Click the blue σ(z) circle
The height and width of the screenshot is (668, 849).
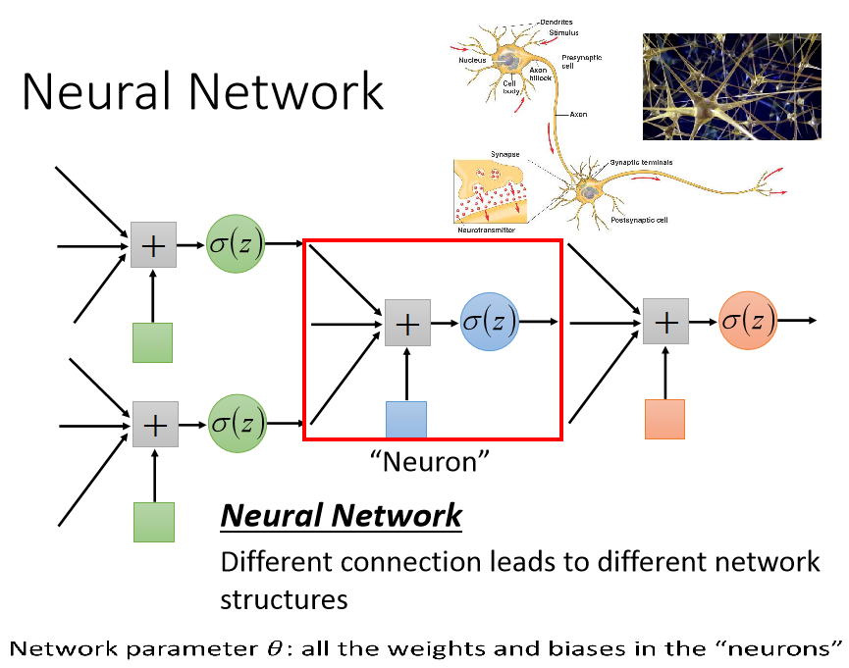pyautogui.click(x=490, y=321)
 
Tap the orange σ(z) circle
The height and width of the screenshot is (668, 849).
pyautogui.click(x=748, y=320)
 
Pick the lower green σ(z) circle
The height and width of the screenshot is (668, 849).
pyautogui.click(x=237, y=424)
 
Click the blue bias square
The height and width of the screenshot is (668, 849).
pyautogui.click(x=406, y=419)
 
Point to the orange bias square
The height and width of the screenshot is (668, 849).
pyautogui.click(x=664, y=419)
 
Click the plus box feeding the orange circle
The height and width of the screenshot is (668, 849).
pyautogui.click(x=666, y=321)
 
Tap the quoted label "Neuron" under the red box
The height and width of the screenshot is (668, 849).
pyautogui.click(x=430, y=460)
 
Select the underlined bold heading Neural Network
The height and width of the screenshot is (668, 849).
pyautogui.click(x=341, y=515)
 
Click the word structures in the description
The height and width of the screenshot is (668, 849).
pyautogui.click(x=284, y=598)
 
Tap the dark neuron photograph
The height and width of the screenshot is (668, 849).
pyautogui.click(x=731, y=86)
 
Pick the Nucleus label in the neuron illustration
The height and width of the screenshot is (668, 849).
pyautogui.click(x=472, y=60)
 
